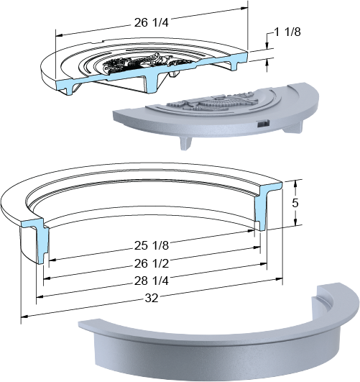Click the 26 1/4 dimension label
[x=151, y=22]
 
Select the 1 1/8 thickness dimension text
[x=287, y=32]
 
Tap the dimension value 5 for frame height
[x=295, y=203]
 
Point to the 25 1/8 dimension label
[x=152, y=245]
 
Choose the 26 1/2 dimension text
[x=152, y=263]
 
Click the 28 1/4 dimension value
[x=152, y=281]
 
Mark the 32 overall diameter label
[x=152, y=298]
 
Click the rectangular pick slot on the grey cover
[x=264, y=124]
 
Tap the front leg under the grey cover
[x=185, y=143]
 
